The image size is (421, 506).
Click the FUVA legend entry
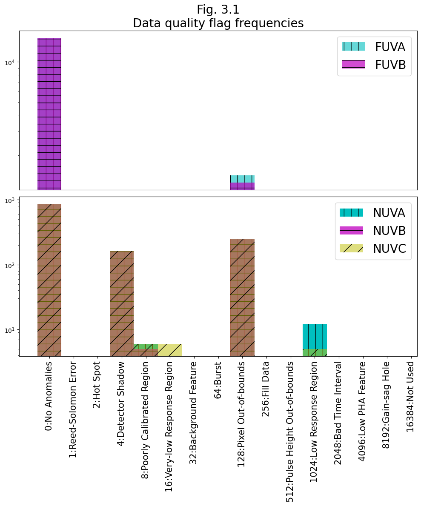tap(374, 47)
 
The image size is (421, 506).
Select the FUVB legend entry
tap(374, 65)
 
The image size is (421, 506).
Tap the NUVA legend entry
tap(372, 213)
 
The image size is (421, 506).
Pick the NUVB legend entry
tap(372, 231)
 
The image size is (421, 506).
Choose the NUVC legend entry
tap(372, 249)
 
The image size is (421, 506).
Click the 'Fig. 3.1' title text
tap(218, 9)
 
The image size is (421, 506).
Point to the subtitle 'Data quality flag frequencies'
tap(218, 23)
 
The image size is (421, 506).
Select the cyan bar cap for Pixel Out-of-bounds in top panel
tap(242, 179)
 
